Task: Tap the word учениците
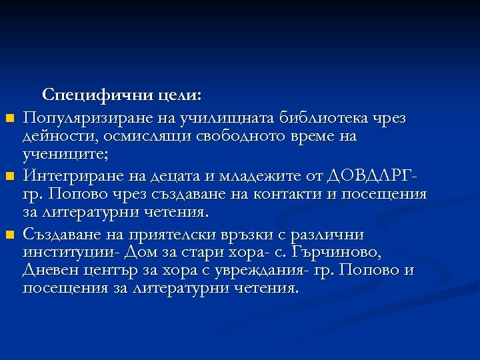point(63,155)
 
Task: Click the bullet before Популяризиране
point(9,119)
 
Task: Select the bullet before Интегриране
point(9,177)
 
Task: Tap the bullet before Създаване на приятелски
point(9,235)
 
